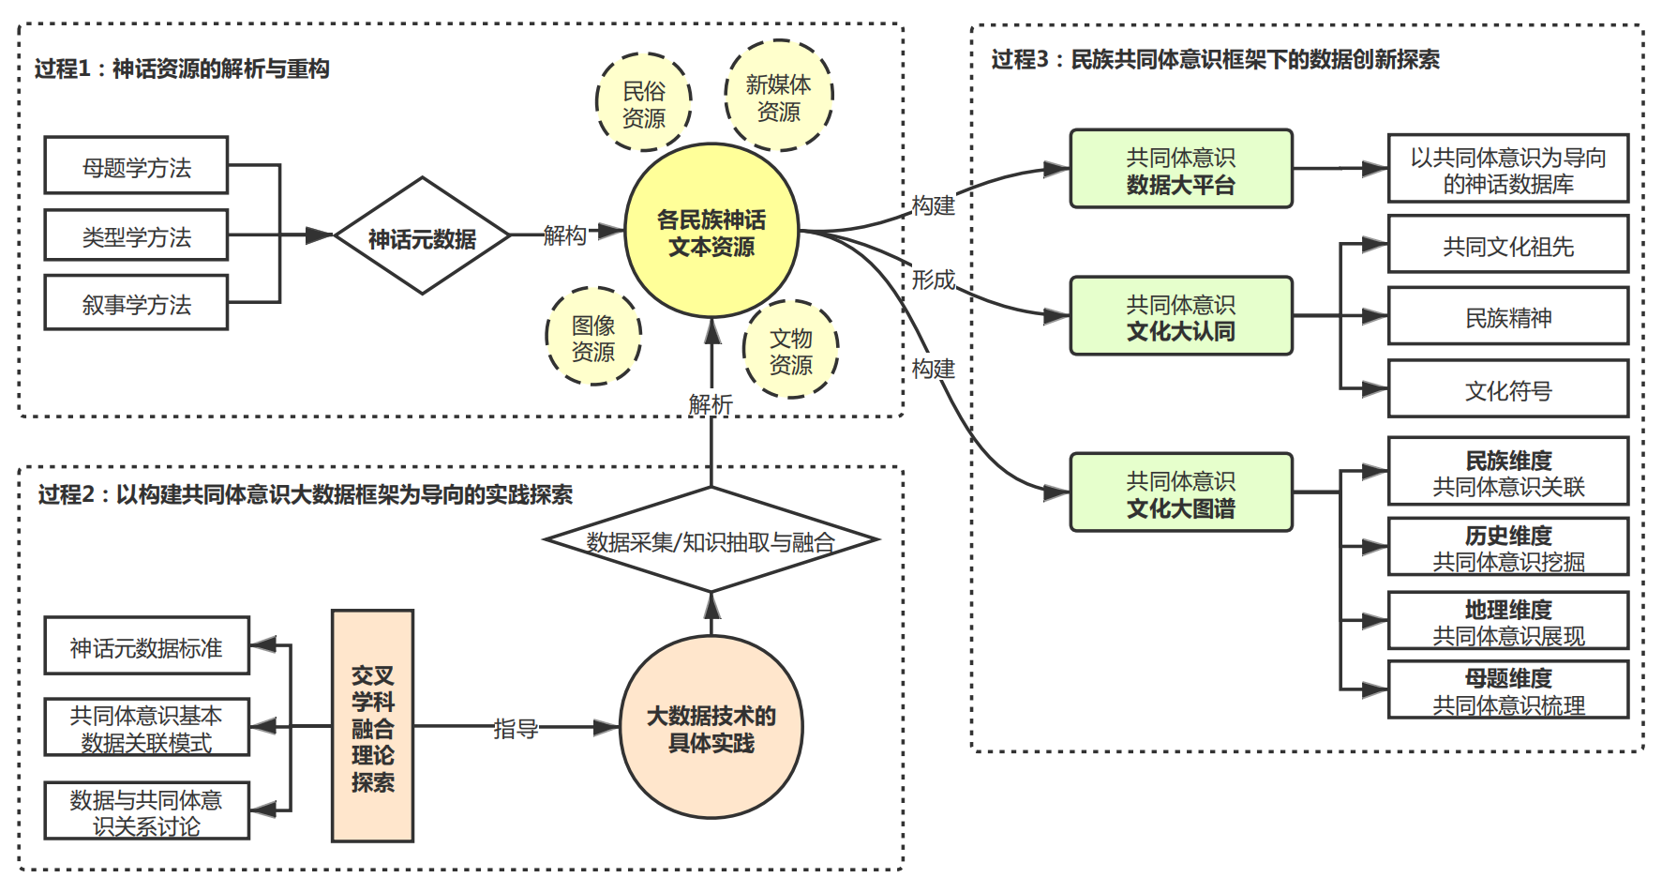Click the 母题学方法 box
click(136, 166)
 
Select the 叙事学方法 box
click(136, 303)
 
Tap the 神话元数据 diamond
click(422, 236)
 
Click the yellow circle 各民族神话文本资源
click(711, 232)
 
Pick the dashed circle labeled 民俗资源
click(644, 103)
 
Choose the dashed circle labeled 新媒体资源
click(779, 97)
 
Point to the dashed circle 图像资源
click(593, 338)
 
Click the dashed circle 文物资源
click(790, 350)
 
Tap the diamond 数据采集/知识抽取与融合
click(711, 541)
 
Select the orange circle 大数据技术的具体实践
click(711, 728)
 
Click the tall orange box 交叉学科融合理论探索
click(372, 727)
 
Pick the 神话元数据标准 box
click(146, 646)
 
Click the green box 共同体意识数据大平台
click(1181, 170)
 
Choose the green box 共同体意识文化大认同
click(1181, 316)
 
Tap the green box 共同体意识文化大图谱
click(1181, 493)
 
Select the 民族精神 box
click(1507, 317)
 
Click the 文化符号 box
click(1507, 389)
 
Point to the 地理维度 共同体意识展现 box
click(1507, 621)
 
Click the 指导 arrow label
click(516, 728)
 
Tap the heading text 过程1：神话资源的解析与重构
click(182, 68)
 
